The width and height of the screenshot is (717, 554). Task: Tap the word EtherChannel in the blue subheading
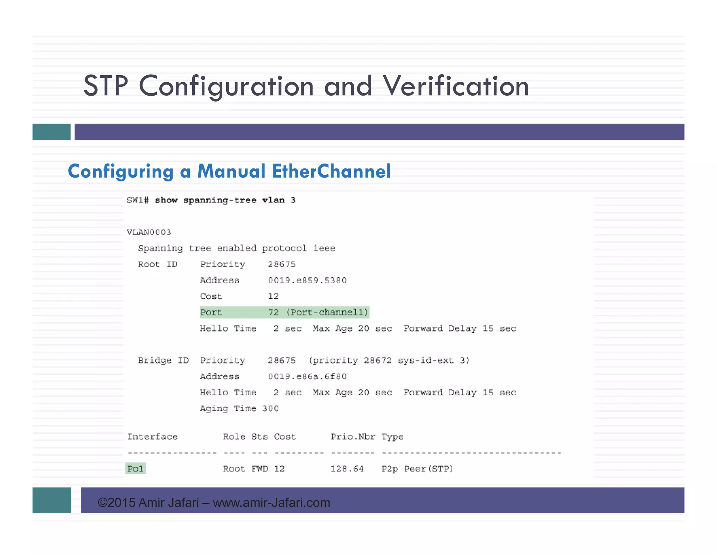(x=331, y=171)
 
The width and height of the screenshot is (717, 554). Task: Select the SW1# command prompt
(x=138, y=200)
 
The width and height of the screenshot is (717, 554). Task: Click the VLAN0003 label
(x=149, y=232)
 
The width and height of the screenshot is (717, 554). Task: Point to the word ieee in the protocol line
(x=324, y=248)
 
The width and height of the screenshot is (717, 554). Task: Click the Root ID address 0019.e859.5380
(x=307, y=280)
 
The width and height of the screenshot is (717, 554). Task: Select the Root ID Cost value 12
(x=273, y=296)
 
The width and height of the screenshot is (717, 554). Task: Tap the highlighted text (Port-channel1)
(x=327, y=312)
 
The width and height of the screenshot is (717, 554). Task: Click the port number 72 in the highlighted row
(x=273, y=312)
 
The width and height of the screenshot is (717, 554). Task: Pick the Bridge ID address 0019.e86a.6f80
(x=307, y=376)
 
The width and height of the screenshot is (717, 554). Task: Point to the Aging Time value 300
(x=270, y=408)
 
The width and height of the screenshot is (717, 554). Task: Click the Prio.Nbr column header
(x=353, y=437)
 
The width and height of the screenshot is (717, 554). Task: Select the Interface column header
(x=152, y=437)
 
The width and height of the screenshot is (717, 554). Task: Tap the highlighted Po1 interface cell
(x=135, y=469)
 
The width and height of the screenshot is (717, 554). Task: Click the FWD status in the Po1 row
(x=260, y=469)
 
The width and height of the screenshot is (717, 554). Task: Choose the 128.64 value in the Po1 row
(x=347, y=469)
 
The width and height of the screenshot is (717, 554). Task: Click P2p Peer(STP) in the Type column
(x=417, y=469)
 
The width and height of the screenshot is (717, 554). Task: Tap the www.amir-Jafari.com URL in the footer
(x=271, y=503)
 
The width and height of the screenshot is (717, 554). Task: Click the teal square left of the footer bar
(x=52, y=500)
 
